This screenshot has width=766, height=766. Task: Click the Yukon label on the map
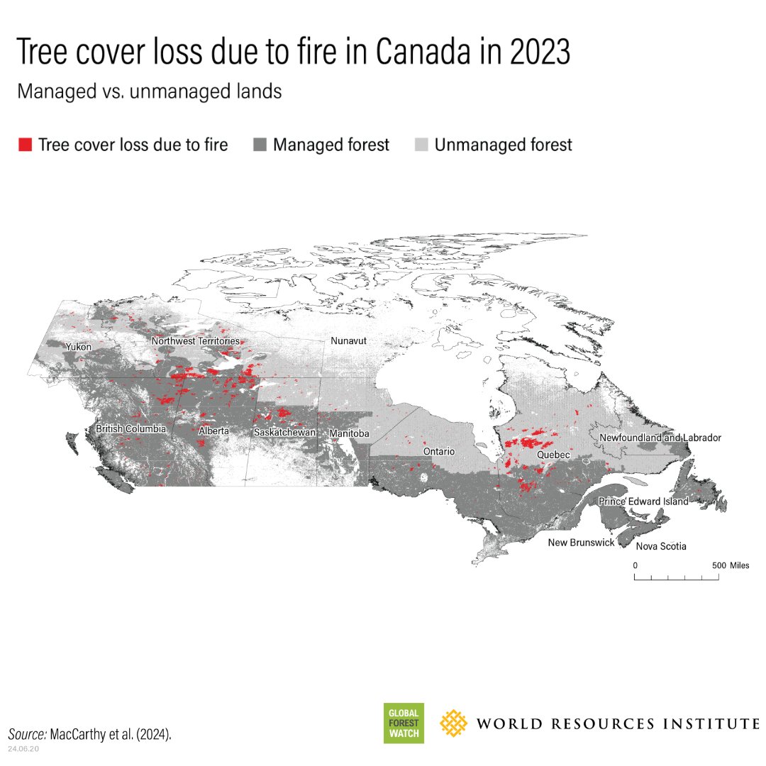coord(77,347)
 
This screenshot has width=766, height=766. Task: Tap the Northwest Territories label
coord(195,341)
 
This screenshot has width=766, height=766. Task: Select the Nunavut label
coord(348,341)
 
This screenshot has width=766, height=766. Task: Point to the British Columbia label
coord(131,429)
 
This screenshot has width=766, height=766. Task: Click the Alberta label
coord(214,431)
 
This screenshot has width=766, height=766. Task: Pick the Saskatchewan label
coord(284,432)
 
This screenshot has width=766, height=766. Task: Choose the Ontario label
coord(438,451)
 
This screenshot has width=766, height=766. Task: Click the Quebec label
coord(553,454)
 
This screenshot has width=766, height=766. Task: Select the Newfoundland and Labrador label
coord(660,438)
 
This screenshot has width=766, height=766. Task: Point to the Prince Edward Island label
coord(643,501)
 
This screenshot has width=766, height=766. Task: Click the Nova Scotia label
coord(661,546)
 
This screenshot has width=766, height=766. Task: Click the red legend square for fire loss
coord(25,145)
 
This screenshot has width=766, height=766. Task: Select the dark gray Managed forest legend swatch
coord(260,145)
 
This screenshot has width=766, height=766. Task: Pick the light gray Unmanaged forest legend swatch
coord(421,145)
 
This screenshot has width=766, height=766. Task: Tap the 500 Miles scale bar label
coord(730,565)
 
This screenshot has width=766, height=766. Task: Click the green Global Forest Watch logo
coord(404,723)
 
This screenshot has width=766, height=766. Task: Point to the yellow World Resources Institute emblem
coord(454,723)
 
